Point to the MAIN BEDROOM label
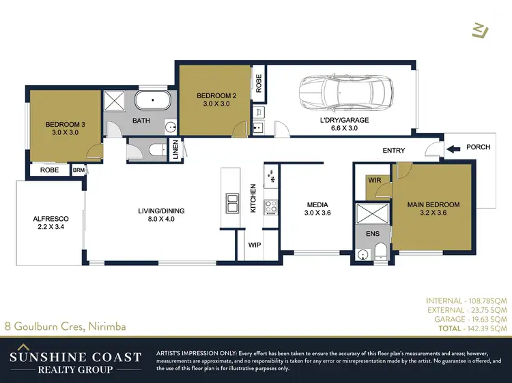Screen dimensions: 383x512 (x=433, y=209)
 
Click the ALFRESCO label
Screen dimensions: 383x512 (x=48, y=223)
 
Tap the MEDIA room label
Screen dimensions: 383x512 (x=317, y=209)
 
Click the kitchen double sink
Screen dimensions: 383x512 (x=232, y=202)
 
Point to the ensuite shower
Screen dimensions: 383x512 (x=371, y=216)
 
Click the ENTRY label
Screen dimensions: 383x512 (x=394, y=151)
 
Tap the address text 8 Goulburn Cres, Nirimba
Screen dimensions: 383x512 (x=65, y=326)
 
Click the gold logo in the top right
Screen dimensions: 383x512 (x=481, y=29)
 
